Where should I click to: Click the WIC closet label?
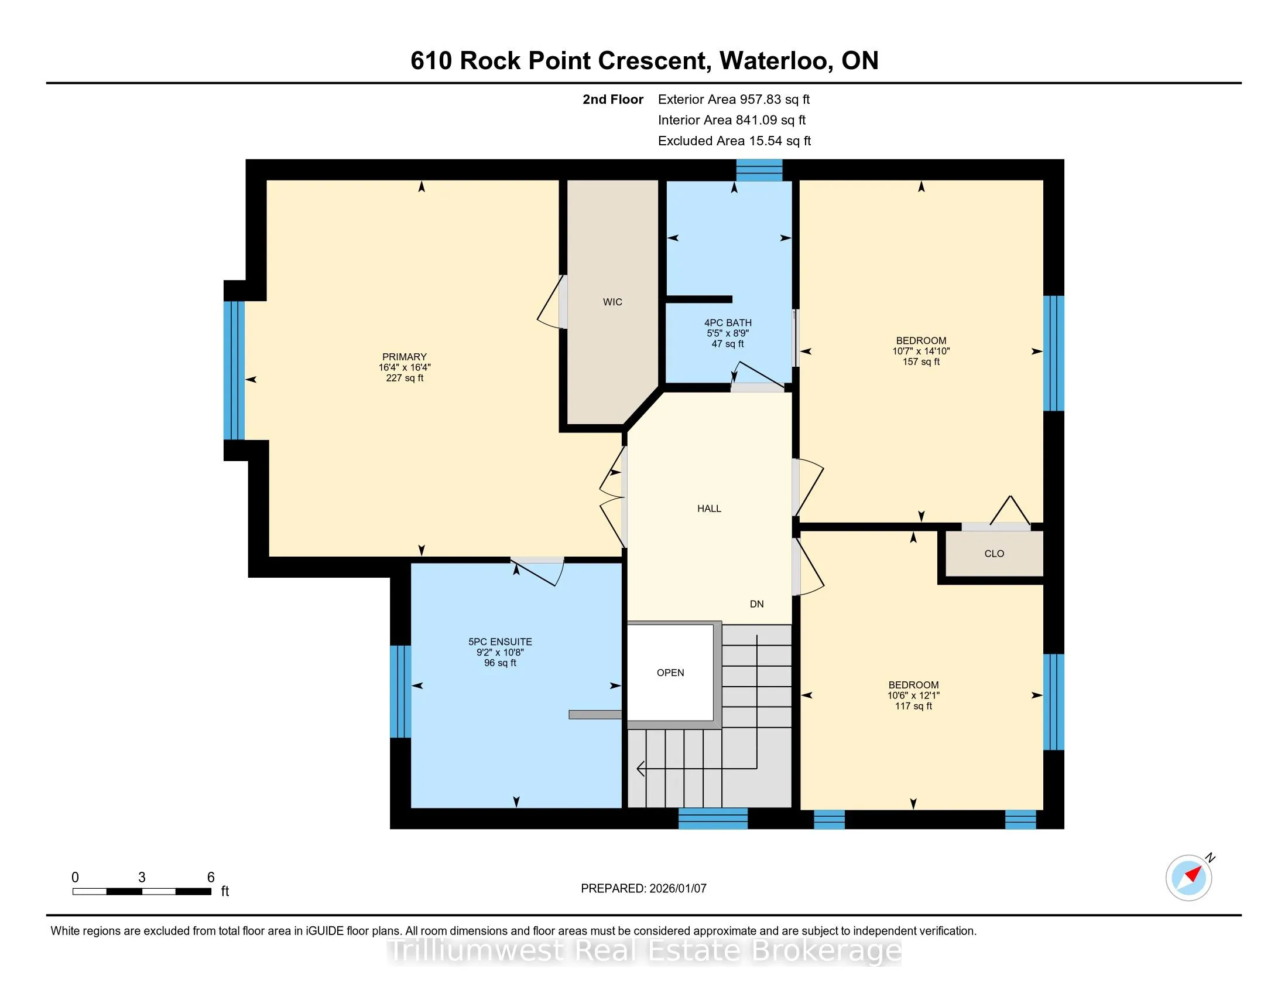612,302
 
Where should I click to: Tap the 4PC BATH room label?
728,323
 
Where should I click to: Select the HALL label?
709,509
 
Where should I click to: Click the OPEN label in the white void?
670,673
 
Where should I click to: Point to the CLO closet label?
994,554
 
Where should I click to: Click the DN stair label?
756,603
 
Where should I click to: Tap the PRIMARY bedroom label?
405,357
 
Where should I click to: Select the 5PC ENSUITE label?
500,642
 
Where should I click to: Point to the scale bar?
142,892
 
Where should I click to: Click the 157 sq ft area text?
921,361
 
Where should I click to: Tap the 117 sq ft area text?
913,707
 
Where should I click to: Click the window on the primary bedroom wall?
234,370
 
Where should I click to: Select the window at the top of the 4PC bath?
759,170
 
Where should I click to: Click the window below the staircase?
713,818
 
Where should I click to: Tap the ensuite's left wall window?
400,691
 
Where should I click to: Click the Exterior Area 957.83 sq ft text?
734,99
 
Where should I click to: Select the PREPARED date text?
643,889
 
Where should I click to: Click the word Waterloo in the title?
777,61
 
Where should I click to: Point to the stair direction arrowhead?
641,769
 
